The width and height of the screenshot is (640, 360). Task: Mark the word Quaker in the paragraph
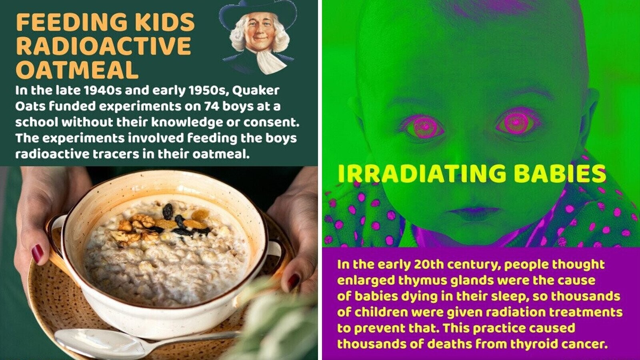(256, 90)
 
